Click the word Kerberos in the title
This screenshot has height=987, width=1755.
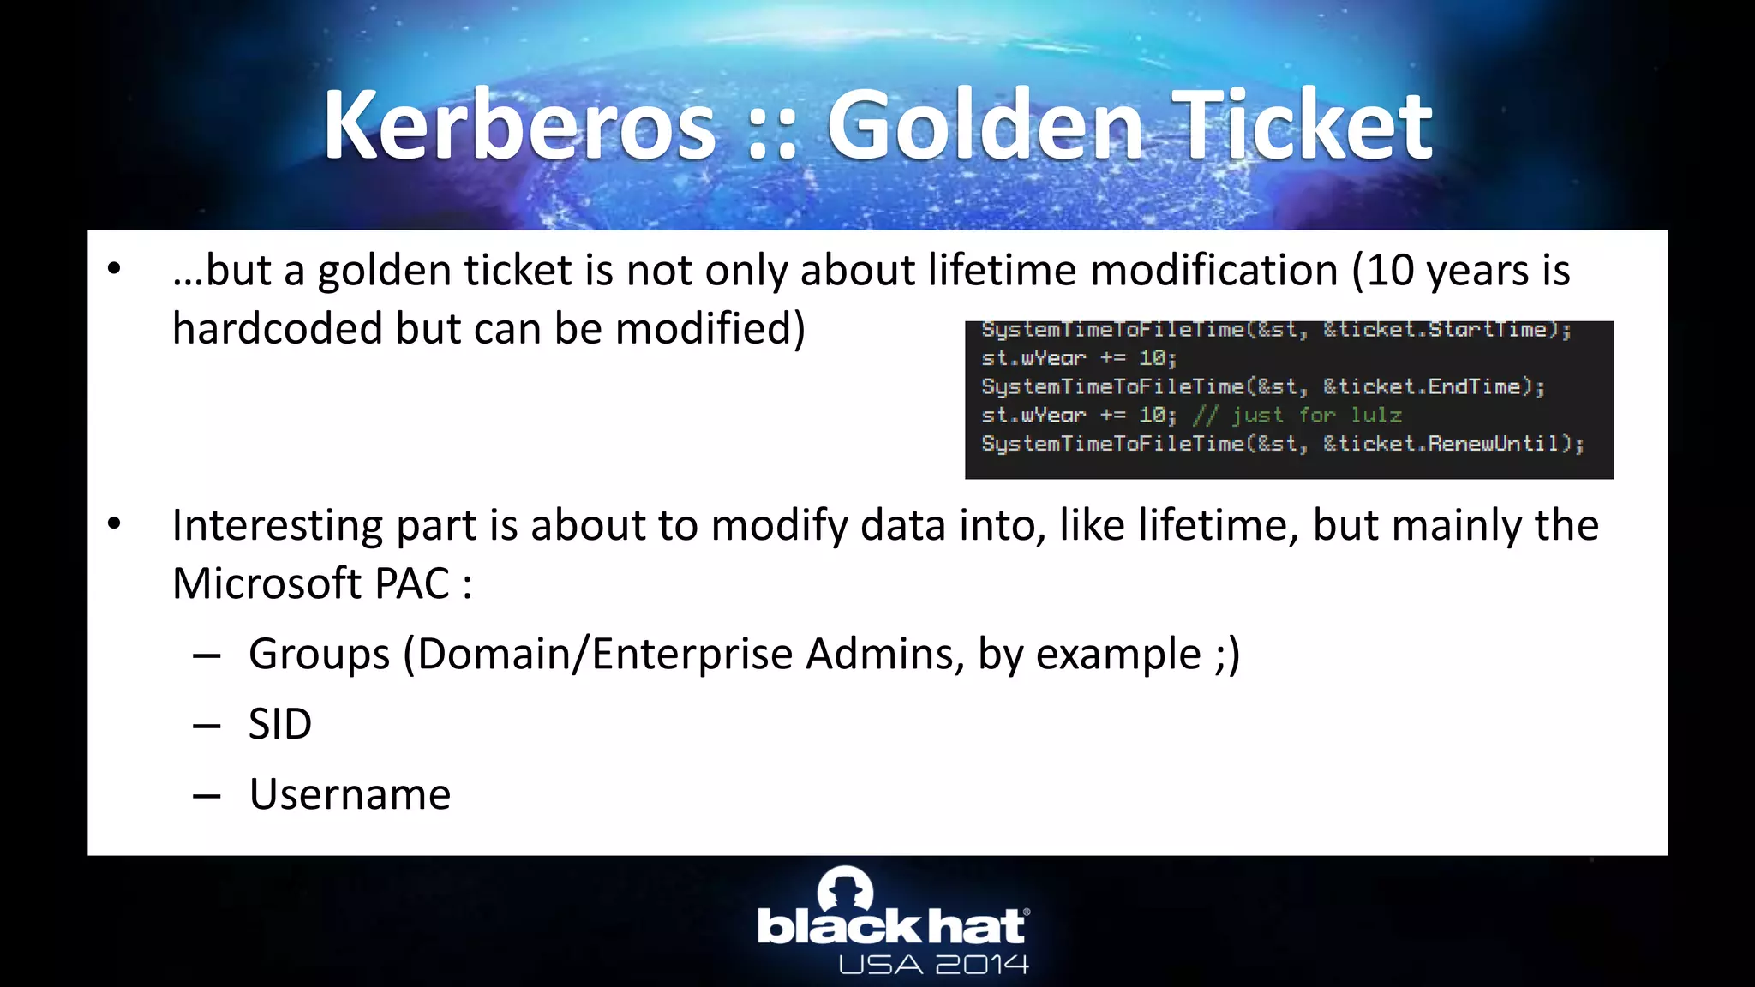point(518,126)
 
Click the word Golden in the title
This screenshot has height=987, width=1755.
point(984,126)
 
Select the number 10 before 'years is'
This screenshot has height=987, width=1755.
point(1391,271)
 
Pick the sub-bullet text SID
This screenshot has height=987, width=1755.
point(280,724)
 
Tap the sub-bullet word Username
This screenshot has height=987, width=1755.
point(350,794)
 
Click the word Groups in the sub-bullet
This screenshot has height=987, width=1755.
point(319,655)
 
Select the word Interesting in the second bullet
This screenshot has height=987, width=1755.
point(277,525)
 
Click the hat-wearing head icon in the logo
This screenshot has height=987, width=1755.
point(846,891)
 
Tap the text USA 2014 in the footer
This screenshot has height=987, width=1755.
point(933,966)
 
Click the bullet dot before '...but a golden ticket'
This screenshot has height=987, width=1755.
point(115,270)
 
